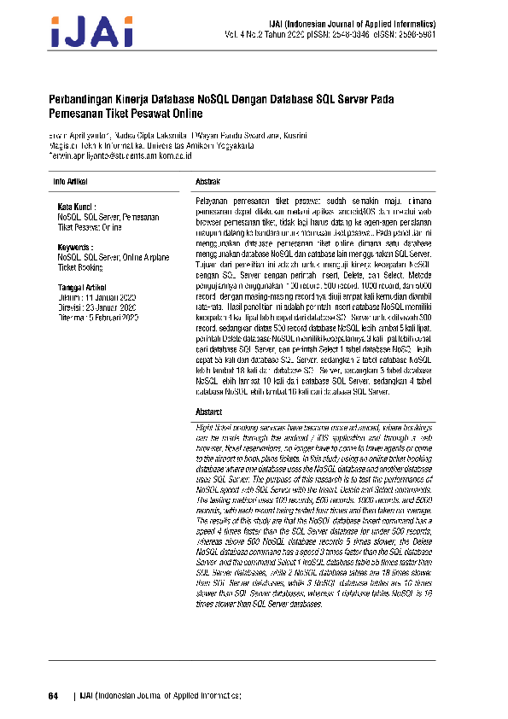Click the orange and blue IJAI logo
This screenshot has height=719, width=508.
(92, 32)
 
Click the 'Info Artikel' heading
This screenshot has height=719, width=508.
(70, 182)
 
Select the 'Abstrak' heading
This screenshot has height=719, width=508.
(209, 182)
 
